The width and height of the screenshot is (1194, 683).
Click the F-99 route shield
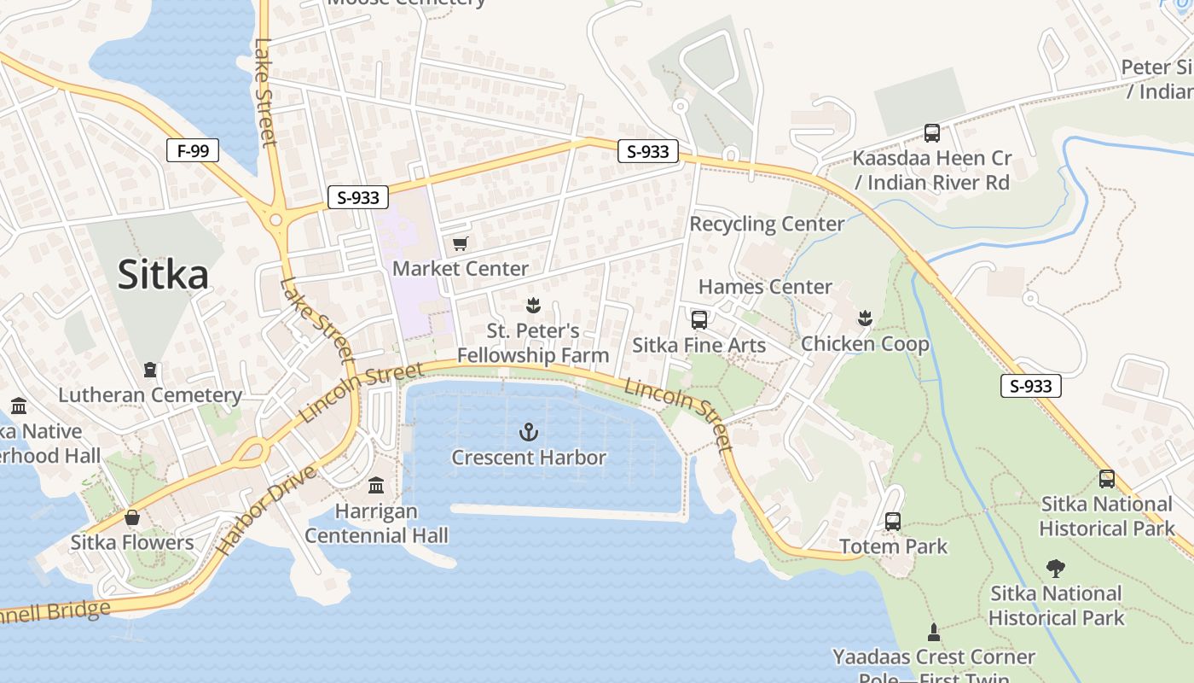pyautogui.click(x=193, y=151)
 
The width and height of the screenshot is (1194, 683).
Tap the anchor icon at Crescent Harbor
pyautogui.click(x=529, y=432)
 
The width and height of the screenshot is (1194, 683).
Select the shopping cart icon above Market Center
pyautogui.click(x=461, y=244)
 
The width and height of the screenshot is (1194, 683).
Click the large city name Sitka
pyautogui.click(x=163, y=275)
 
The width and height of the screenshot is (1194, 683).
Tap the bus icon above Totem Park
pyautogui.click(x=893, y=521)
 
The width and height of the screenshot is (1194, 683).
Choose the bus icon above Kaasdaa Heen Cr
pyautogui.click(x=932, y=133)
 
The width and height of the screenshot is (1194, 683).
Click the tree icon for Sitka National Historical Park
pyautogui.click(x=1056, y=569)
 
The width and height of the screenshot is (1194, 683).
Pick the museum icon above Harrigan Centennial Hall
pyautogui.click(x=376, y=486)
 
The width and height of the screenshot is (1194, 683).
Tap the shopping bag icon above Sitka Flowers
pyautogui.click(x=132, y=517)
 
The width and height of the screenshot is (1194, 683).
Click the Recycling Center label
pyautogui.click(x=767, y=224)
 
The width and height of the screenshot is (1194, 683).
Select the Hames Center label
pyautogui.click(x=765, y=287)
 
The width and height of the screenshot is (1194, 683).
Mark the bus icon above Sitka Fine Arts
pyautogui.click(x=699, y=320)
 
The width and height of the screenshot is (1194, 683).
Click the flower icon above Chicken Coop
pyautogui.click(x=865, y=318)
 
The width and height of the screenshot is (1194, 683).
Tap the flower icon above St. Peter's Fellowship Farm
pyautogui.click(x=533, y=305)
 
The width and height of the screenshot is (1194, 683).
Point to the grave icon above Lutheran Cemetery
pyautogui.click(x=150, y=370)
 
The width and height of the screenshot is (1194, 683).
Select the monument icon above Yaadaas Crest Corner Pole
pyautogui.click(x=934, y=632)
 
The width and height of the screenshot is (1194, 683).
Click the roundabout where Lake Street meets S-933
pyautogui.click(x=275, y=220)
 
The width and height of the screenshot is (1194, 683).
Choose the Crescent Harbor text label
pyautogui.click(x=529, y=458)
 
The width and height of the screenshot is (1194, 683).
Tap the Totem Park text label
pyautogui.click(x=893, y=546)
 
